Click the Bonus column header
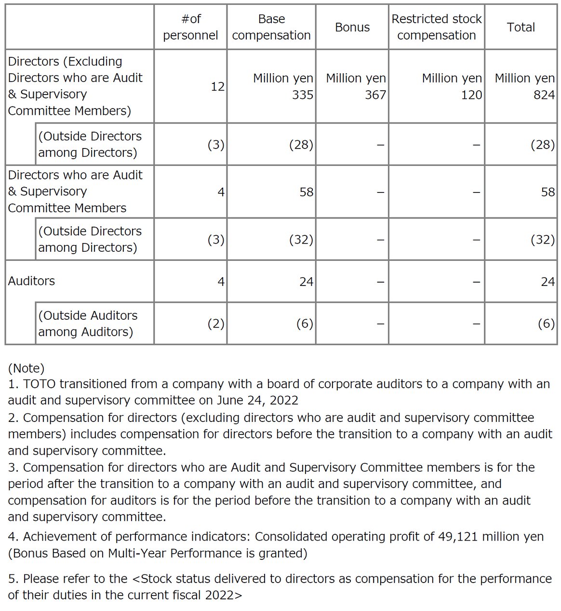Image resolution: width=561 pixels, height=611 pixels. [352, 27]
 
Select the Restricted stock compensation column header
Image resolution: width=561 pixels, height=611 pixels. [436, 27]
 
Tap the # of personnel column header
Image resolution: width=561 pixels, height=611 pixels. [190, 27]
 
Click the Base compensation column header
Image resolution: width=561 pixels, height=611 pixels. [271, 27]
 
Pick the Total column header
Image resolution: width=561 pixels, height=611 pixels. [521, 27]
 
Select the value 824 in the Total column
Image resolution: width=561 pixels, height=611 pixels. [544, 95]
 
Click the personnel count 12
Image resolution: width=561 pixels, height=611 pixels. [217, 87]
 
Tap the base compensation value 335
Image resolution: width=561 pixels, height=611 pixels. [302, 95]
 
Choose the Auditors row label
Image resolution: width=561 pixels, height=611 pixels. [32, 281]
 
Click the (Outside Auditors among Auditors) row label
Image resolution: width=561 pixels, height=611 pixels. [88, 324]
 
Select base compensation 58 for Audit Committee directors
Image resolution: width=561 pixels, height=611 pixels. [306, 192]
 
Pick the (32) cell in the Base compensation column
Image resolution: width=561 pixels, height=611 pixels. [301, 240]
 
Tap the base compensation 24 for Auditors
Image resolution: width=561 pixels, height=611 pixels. [306, 282]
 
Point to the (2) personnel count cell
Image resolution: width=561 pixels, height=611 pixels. [215, 324]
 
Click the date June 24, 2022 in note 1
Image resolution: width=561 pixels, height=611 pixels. [257, 401]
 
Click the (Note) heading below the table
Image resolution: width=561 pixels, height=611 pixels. [27, 368]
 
